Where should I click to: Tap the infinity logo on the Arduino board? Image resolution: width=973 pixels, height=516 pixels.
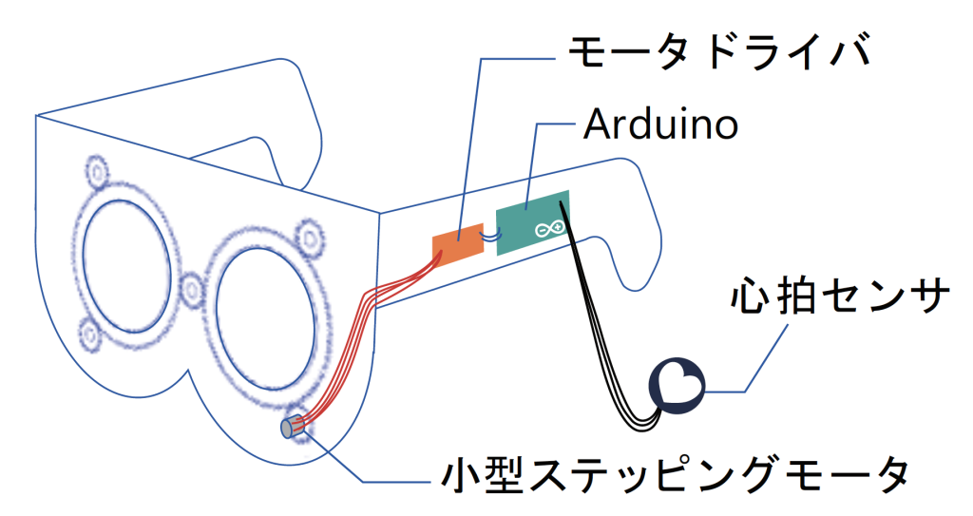click(549, 229)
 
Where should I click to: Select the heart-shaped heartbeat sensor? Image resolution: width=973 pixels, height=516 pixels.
click(677, 385)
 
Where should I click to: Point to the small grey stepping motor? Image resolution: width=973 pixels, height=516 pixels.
click(289, 429)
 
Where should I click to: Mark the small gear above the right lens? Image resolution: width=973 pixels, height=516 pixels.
click(309, 236)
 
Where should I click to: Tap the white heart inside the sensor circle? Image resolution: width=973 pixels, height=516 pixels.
click(681, 384)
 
